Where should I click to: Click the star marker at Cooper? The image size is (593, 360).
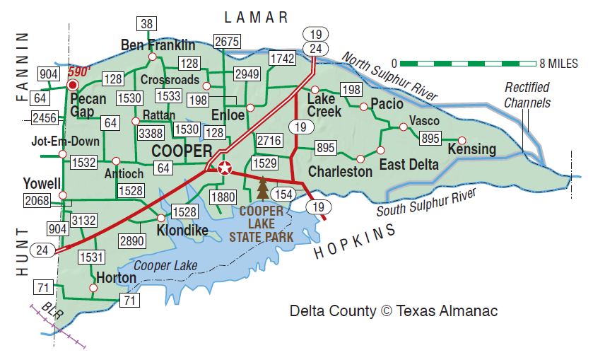[x=225, y=168]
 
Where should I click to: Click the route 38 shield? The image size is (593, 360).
[x=146, y=24]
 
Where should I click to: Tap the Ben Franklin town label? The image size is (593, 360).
[x=158, y=45]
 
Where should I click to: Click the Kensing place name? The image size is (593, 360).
[x=471, y=150]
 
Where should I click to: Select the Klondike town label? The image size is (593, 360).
[x=182, y=231]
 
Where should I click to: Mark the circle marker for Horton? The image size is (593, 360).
[x=93, y=288]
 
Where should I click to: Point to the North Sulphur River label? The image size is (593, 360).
[x=389, y=76]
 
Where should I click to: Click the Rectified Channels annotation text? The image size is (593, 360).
[x=527, y=95]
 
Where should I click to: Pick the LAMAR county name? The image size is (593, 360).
[x=257, y=17]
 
